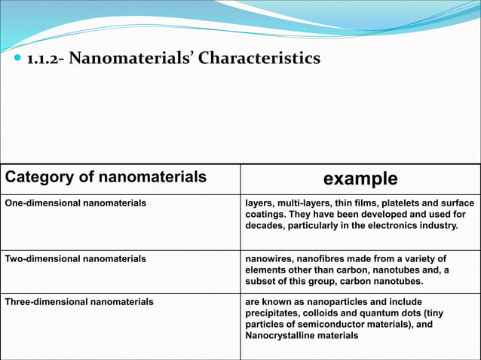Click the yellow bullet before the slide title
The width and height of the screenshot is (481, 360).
coord(17,59)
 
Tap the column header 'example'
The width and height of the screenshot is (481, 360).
coord(360,178)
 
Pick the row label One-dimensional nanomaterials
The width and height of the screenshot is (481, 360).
coord(75,203)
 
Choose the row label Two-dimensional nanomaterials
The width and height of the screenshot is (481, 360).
coord(75,258)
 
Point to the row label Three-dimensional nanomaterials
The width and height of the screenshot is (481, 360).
coord(79,301)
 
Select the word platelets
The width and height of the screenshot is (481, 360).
coord(396,203)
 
